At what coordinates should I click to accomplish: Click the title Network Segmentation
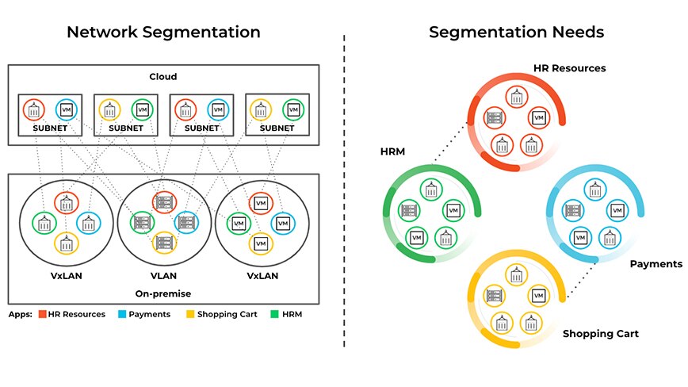[x=163, y=33]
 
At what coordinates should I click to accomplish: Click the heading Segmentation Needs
[x=516, y=33]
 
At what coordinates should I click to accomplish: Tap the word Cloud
[x=163, y=77]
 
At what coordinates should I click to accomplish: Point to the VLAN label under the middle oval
[x=164, y=277]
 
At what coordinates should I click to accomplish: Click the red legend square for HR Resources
[x=42, y=314]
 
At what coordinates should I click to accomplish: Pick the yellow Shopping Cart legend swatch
[x=191, y=314]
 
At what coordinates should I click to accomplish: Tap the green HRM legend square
[x=275, y=314]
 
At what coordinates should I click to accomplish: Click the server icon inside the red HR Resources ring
[x=491, y=117]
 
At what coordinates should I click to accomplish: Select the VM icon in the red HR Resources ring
[x=539, y=117]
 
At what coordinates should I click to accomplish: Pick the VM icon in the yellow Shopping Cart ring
[x=538, y=296]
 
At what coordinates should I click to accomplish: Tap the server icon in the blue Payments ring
[x=569, y=210]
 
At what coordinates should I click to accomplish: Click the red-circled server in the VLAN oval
[x=164, y=203]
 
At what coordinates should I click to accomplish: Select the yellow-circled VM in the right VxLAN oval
[x=259, y=243]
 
